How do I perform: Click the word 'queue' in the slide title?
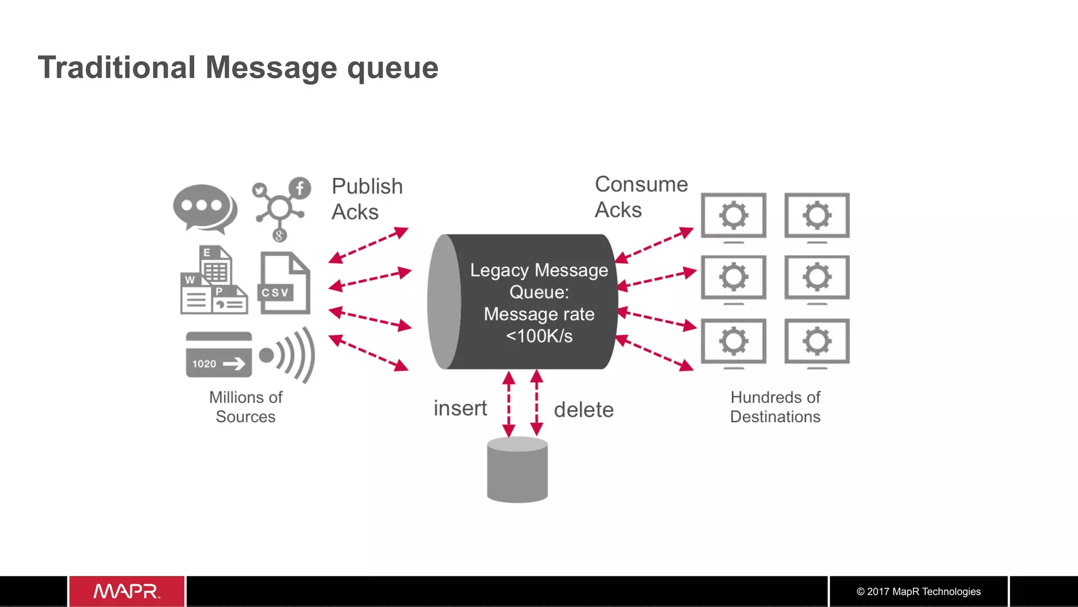(393, 68)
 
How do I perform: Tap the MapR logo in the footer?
(126, 591)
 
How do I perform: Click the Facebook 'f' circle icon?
(300, 188)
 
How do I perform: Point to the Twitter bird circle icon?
(259, 190)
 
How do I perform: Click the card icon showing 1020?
(218, 355)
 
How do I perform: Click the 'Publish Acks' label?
(366, 199)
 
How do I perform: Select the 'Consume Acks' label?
(640, 197)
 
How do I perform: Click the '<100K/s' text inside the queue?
(539, 336)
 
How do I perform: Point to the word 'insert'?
(460, 409)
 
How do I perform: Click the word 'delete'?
(584, 410)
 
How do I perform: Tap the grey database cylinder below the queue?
(517, 470)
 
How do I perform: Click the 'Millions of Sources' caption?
(246, 406)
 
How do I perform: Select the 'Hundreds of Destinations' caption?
(775, 406)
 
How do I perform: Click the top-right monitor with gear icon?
(816, 216)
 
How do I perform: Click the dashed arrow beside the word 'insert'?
(508, 404)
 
